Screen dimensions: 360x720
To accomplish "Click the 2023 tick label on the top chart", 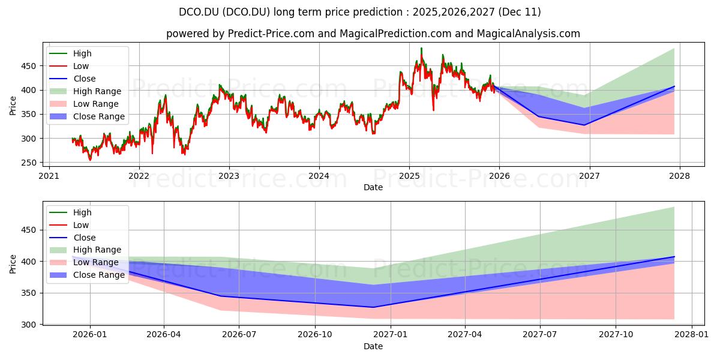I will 229,176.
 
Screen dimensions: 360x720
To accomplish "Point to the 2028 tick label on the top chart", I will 679,176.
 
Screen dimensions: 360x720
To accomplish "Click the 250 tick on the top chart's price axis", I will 34,163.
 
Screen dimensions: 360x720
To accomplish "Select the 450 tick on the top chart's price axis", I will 34,66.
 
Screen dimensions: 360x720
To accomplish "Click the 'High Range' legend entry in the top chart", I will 97,91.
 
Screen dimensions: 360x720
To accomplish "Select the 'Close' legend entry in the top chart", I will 85,79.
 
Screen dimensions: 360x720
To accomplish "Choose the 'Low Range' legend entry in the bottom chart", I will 96,262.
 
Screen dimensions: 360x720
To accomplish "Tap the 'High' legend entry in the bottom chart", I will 82,212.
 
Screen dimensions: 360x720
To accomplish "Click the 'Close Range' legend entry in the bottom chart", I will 98,275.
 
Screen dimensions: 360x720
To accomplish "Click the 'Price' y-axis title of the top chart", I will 13,105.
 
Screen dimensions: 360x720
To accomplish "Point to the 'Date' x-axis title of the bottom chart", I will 373,346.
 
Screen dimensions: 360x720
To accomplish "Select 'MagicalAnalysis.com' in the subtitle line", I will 528,34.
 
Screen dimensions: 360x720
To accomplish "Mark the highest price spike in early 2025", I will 421,48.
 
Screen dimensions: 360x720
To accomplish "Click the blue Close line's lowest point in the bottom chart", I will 373,307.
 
